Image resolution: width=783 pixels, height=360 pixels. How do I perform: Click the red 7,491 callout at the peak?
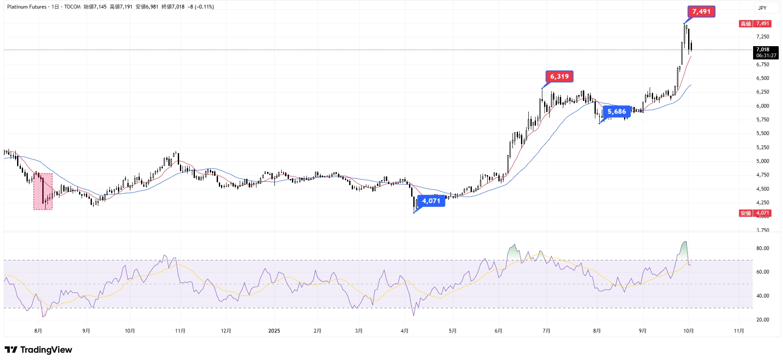click(701, 12)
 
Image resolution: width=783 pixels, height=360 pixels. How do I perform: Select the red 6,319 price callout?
click(559, 77)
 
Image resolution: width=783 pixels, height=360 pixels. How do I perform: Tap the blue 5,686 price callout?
click(617, 112)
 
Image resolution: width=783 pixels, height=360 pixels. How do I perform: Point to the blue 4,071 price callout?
click(431, 201)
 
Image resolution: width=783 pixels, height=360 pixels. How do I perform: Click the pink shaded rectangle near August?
click(43, 191)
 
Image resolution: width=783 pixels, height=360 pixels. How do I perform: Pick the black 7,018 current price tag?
click(765, 52)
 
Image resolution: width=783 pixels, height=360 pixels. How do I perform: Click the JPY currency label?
click(762, 8)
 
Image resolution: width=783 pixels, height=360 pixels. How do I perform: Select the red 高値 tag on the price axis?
click(745, 24)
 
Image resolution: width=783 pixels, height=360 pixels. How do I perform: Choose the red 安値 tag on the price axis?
click(745, 213)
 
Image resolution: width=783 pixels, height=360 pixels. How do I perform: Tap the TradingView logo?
click(38, 350)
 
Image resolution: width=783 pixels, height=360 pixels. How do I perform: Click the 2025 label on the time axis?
click(274, 331)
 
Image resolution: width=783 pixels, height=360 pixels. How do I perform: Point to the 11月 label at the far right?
click(739, 331)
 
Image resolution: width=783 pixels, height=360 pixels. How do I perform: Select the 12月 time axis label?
click(226, 331)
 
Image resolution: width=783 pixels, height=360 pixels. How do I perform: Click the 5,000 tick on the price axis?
click(762, 161)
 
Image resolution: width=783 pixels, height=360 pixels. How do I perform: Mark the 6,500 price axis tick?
click(762, 78)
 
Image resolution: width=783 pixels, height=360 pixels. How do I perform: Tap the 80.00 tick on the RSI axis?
click(762, 248)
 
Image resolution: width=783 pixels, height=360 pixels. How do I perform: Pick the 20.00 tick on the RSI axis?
click(762, 320)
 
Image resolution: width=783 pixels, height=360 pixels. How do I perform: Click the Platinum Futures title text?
click(26, 7)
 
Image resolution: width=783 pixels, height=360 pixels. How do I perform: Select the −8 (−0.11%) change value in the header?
click(200, 7)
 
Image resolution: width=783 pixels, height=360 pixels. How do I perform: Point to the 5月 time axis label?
click(453, 331)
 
